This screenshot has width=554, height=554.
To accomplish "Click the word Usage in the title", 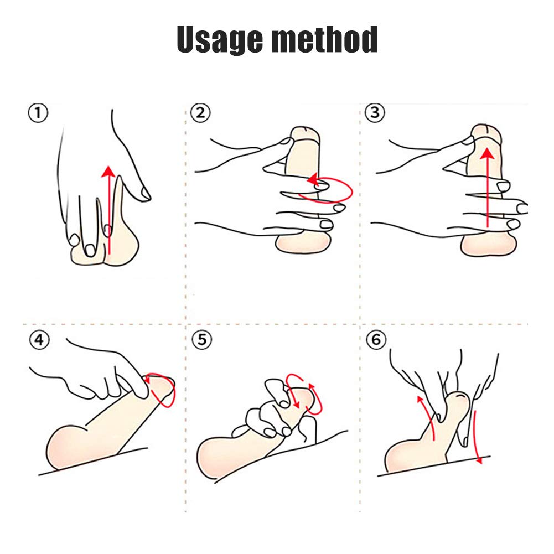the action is tap(220, 39).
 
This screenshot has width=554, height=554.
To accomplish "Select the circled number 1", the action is tap(38, 113).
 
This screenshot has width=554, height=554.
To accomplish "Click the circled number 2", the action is tap(200, 113).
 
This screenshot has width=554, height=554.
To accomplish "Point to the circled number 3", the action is tap(375, 113).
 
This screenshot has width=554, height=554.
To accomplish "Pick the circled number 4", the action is tap(40, 340).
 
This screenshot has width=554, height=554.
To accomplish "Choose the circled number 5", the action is tap(202, 340).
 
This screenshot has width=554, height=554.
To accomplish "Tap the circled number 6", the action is tap(376, 340).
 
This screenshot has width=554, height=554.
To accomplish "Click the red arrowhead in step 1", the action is tap(108, 172).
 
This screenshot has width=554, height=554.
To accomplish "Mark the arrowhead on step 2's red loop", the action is tap(313, 180).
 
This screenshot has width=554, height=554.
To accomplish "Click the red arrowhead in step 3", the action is tap(488, 154).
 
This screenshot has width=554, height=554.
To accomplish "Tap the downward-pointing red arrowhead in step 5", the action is tap(297, 403).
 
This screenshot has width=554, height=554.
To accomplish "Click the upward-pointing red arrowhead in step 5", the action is tap(311, 387).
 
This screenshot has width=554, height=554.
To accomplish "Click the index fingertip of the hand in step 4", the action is tap(142, 393).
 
